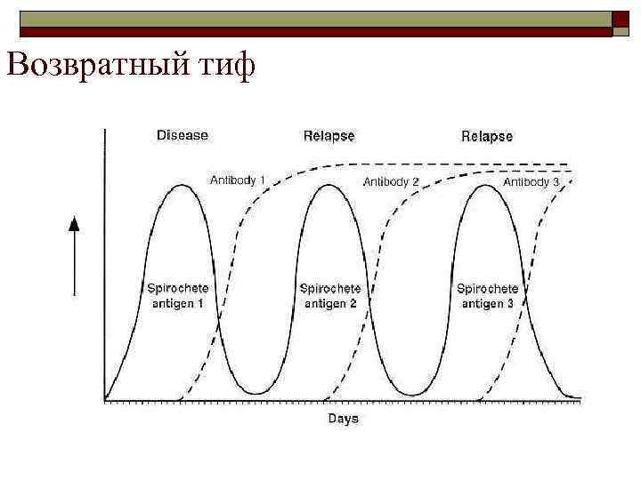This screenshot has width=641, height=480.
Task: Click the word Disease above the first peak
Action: point(182,135)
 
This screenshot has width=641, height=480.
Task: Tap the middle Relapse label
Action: point(329,136)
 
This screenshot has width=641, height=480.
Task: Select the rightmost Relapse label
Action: point(486,136)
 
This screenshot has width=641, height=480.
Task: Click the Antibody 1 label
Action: point(238,180)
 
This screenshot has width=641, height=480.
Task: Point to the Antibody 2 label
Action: point(391,181)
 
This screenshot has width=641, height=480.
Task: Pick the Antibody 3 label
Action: point(531,181)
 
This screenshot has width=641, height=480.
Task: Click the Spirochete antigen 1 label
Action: point(176,295)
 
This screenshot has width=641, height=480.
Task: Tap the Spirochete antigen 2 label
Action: point(330,295)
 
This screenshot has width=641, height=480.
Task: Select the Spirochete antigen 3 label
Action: point(487,295)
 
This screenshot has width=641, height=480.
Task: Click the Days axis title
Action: point(343,418)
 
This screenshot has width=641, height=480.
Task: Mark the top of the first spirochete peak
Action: point(182,185)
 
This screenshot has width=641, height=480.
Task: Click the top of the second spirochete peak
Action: point(329,185)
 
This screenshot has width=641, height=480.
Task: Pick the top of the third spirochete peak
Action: point(487,185)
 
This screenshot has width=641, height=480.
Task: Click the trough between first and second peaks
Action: point(256,393)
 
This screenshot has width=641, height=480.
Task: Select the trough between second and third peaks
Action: point(410,393)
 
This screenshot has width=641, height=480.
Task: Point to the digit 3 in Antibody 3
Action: point(556,181)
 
